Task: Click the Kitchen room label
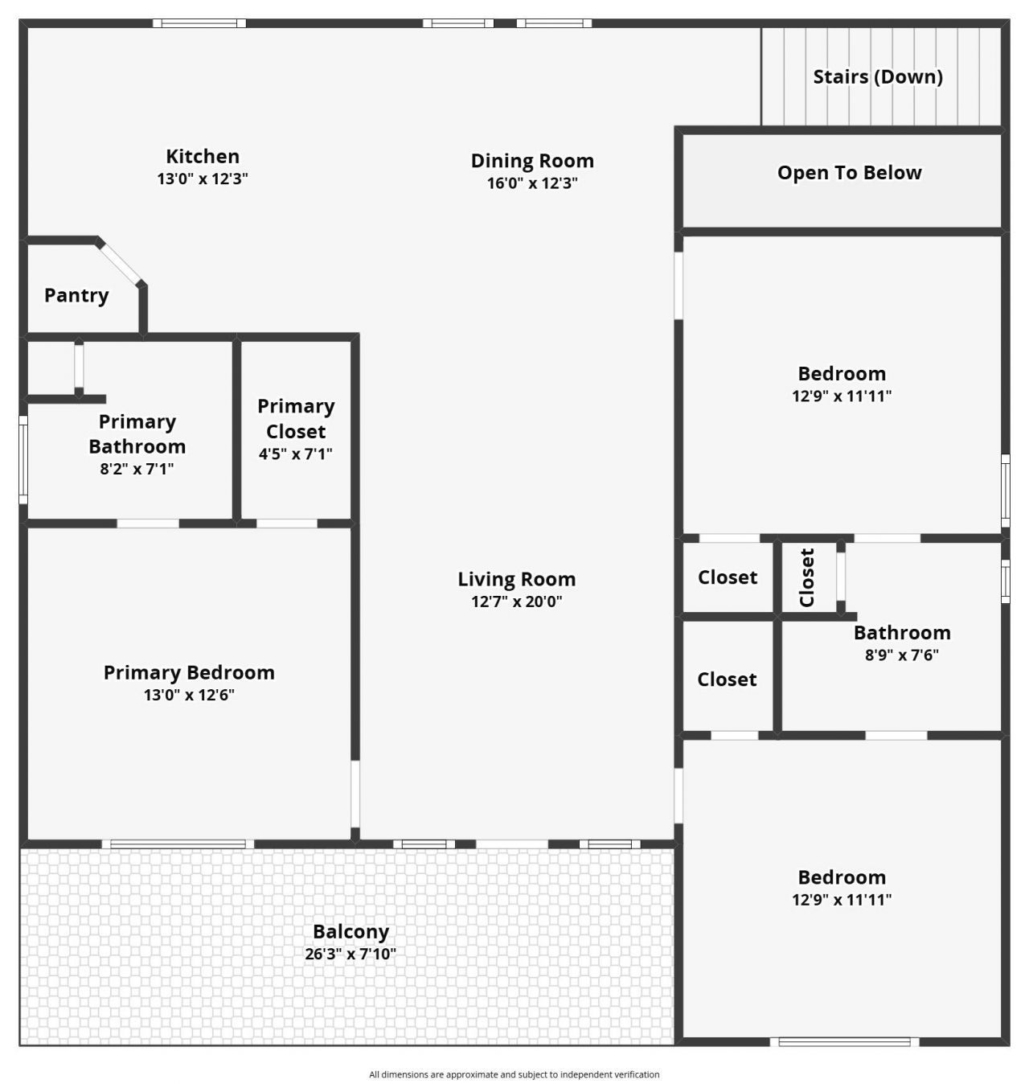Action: point(203,156)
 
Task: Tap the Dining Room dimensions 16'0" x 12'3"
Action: point(532,183)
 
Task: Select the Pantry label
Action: point(76,295)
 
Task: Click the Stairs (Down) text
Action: point(878,76)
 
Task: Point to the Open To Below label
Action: point(849,172)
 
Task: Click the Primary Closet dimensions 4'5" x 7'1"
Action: point(295,454)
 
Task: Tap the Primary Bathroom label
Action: point(137,433)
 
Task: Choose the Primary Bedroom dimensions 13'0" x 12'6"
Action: point(189,695)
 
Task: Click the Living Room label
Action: point(516,579)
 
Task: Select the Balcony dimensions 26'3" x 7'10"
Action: point(351,955)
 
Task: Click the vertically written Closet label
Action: point(807,577)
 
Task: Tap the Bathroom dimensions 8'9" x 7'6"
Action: point(901,655)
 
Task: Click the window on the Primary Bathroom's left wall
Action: point(23,459)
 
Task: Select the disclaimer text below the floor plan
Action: point(514,1074)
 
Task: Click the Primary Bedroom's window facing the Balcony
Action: point(178,844)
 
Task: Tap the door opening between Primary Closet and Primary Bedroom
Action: point(287,524)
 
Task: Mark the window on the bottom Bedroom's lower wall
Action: point(844,1042)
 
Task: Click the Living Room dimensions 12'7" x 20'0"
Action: point(516,601)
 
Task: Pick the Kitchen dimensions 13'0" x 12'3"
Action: point(203,179)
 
